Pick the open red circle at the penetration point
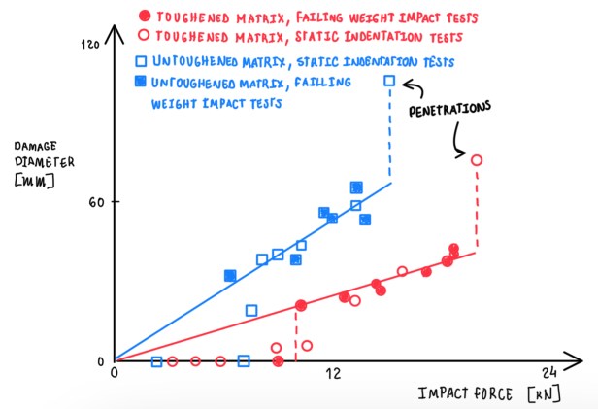[x=476, y=160]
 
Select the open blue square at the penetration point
[x=390, y=82]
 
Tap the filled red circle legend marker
[x=145, y=17]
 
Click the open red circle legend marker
[x=145, y=39]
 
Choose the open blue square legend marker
[x=140, y=61]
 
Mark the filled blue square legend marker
[x=140, y=82]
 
